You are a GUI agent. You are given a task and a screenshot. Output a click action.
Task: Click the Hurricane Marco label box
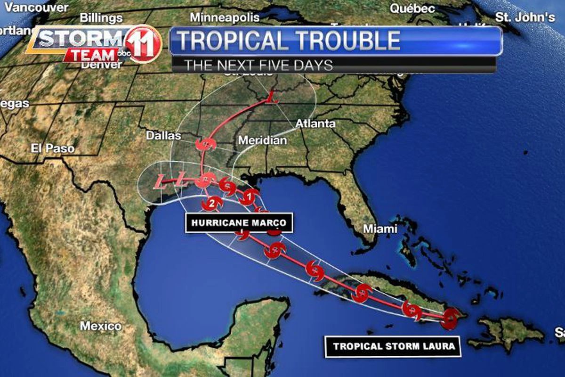click(239, 222)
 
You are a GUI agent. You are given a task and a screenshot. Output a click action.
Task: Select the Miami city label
click(380, 229)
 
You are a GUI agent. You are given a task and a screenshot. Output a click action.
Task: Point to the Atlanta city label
click(315, 124)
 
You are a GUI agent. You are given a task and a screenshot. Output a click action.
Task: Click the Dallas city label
click(163, 136)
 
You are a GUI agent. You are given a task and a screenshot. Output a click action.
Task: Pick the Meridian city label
click(262, 140)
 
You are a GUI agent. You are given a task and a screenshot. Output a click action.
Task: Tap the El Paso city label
click(53, 148)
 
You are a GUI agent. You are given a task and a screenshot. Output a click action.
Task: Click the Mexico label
click(100, 326)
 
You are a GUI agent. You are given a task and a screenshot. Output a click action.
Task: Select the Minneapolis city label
click(225, 17)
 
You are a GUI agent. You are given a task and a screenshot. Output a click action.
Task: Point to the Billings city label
click(101, 18)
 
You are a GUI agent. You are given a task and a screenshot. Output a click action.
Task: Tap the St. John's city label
click(525, 17)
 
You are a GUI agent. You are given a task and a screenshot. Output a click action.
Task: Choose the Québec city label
click(412, 8)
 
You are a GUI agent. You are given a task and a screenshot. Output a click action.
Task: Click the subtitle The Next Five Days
click(258, 65)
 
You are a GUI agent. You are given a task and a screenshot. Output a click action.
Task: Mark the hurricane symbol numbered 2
click(212, 204)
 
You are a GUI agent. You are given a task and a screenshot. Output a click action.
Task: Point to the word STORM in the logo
click(80, 39)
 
